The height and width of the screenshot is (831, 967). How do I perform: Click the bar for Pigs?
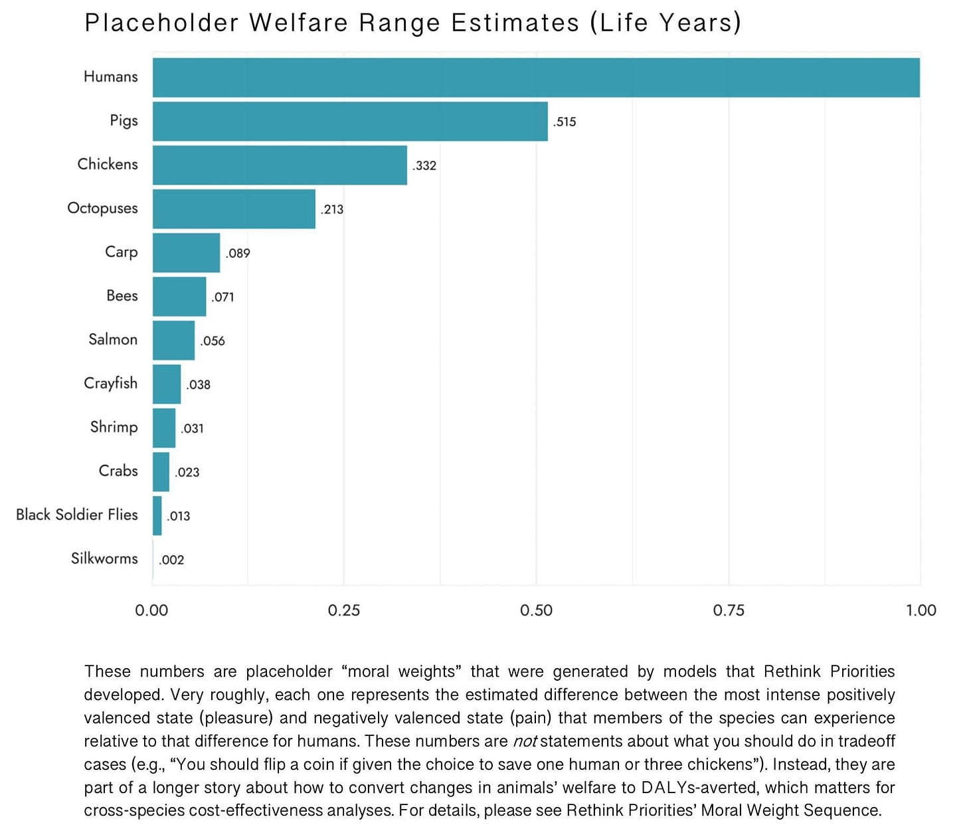point(350,121)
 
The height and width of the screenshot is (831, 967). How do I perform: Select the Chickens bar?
point(280,165)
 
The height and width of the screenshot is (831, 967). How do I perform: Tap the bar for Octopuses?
point(234,209)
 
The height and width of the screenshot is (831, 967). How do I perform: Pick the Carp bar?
point(186,253)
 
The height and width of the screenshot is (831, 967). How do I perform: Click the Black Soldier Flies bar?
point(157,516)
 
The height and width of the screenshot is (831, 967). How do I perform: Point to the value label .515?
point(565,122)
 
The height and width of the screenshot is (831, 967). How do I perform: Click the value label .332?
point(424,166)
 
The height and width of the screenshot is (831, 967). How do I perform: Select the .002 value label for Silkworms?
point(171,560)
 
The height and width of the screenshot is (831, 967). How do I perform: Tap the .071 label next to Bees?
point(222,297)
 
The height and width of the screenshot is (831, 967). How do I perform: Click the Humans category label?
point(110,76)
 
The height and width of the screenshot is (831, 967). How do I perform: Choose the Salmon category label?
point(113,339)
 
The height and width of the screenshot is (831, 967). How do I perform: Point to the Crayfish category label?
point(110,383)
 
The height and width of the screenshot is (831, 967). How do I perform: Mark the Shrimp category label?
point(114,427)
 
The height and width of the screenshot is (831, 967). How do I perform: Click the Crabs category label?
point(118,471)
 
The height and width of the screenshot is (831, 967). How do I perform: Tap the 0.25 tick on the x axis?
point(344,610)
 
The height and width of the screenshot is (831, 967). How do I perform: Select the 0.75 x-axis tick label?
point(729,610)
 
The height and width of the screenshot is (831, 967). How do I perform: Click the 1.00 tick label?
point(921,610)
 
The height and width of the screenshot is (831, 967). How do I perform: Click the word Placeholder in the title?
point(161,23)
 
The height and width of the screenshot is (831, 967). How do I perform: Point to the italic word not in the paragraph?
point(525,741)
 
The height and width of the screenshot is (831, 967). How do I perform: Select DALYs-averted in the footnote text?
point(699,788)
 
